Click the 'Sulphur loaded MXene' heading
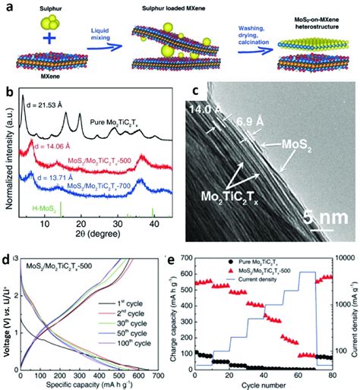click(x=185, y=6)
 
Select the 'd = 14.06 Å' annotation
click(x=52, y=146)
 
